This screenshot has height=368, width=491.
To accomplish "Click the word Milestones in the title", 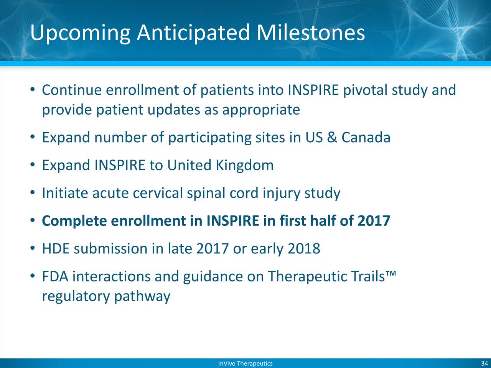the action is (x=310, y=33).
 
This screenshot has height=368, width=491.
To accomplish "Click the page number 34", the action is (x=484, y=363).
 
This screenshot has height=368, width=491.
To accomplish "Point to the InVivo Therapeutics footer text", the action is (x=245, y=363).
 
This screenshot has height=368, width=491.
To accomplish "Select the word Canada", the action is (x=366, y=137).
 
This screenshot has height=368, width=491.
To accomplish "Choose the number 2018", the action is (x=304, y=248).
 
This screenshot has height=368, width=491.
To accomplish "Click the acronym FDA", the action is (x=55, y=276).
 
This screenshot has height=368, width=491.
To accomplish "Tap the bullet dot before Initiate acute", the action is (x=33, y=193).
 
